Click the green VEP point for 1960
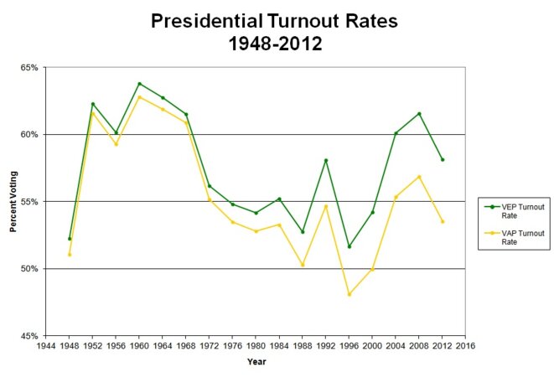coord(139,84)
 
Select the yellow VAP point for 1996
coord(349,294)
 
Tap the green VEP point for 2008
coord(419,114)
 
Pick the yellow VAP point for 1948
coord(70,255)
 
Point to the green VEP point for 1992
coord(326,160)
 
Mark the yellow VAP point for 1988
coord(303,265)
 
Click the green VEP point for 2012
coord(443,159)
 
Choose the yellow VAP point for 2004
coord(396,197)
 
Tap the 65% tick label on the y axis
coord(30,67)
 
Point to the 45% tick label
coord(30,336)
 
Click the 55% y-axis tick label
coord(30,202)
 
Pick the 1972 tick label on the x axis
coord(209,345)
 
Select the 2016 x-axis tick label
coord(465,345)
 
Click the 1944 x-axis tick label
coord(46,345)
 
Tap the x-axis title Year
coord(256,362)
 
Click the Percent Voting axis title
coord(13,202)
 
